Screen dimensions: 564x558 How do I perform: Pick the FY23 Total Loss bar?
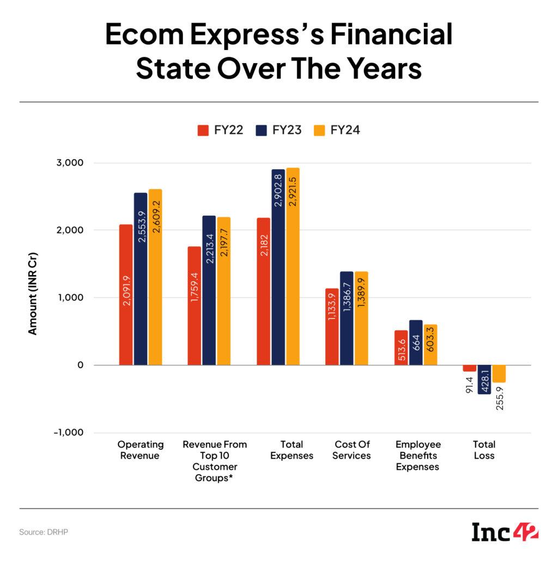pyautogui.click(x=484, y=379)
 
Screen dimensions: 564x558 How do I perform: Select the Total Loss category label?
pyautogui.click(x=483, y=450)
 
